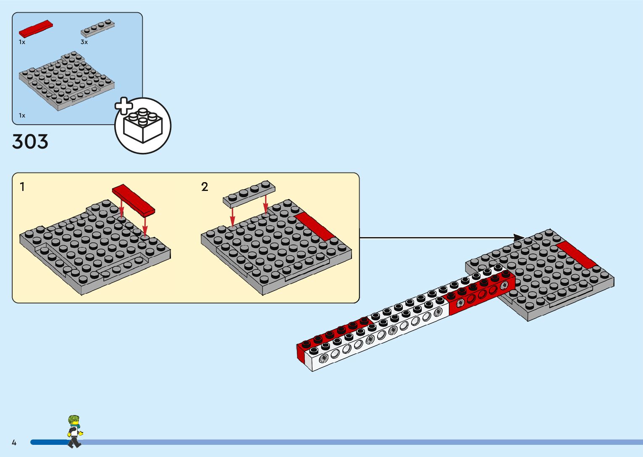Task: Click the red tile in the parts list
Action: (36, 29)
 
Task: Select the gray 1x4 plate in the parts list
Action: (98, 28)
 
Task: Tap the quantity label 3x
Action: (84, 42)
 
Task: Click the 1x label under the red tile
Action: (22, 42)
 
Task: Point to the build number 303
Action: (30, 142)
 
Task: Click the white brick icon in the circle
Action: (143, 125)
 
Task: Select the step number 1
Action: (22, 187)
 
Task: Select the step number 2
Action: (205, 187)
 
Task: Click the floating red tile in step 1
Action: (134, 200)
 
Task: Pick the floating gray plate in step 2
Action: (249, 194)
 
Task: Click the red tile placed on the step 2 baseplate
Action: (315, 227)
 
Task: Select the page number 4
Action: (14, 442)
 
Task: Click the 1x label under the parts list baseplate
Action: (22, 115)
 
